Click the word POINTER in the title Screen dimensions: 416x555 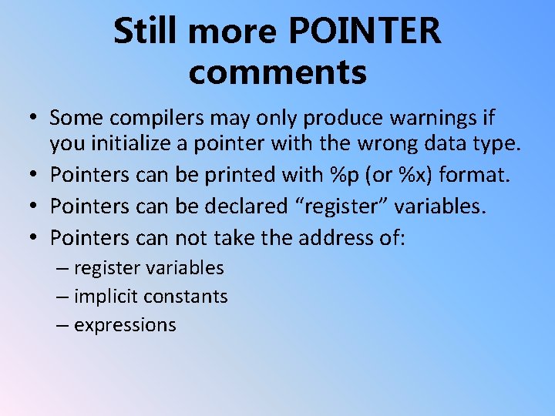pos(365,32)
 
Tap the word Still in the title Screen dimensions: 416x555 pos(146,32)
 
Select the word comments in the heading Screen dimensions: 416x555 pos(277,72)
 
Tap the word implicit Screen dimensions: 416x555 pos(106,297)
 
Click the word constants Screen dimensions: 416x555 pos(186,297)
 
